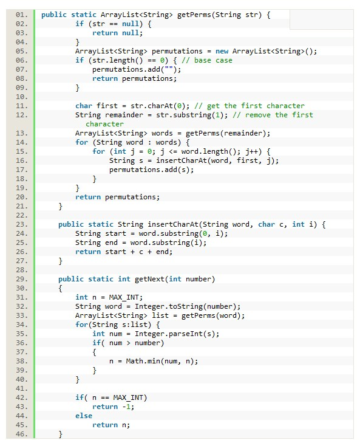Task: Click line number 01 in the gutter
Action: pyautogui.click(x=22, y=15)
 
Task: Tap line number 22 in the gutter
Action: pyautogui.click(x=22, y=215)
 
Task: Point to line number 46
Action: pyautogui.click(x=22, y=434)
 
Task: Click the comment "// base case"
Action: pyautogui.click(x=207, y=60)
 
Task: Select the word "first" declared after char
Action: pyautogui.click(x=107, y=106)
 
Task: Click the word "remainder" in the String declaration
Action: pyautogui.click(x=124, y=115)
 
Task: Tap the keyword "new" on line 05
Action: pyautogui.click(x=222, y=51)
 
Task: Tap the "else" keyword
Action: pyautogui.click(x=84, y=416)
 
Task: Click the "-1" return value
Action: pyautogui.click(x=126, y=407)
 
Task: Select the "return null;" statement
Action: pyautogui.click(x=118, y=33)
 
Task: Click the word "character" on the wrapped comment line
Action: pyautogui.click(x=104, y=124)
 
